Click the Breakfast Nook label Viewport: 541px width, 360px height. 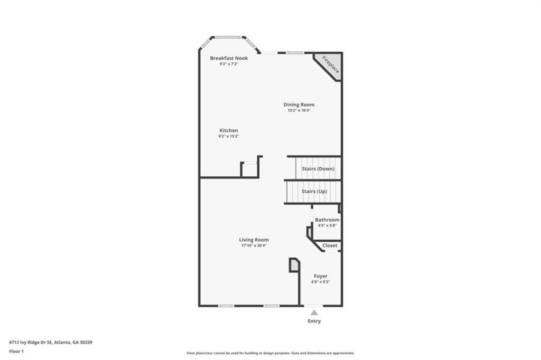pyautogui.click(x=229, y=58)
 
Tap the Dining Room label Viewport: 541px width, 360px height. pyautogui.click(x=299, y=105)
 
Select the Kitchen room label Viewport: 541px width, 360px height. pyautogui.click(x=229, y=130)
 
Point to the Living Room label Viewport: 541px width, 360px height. pyautogui.click(x=254, y=240)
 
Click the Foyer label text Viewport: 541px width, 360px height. pyautogui.click(x=321, y=276)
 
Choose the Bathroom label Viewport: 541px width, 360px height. pyautogui.click(x=327, y=220)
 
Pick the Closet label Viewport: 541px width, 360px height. pyautogui.click(x=330, y=245)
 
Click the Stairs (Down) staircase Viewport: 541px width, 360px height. pyautogui.click(x=318, y=168)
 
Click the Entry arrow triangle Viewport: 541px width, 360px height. pyautogui.click(x=314, y=312)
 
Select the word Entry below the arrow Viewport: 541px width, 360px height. pyautogui.click(x=314, y=321)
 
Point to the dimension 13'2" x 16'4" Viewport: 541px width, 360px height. pyautogui.click(x=299, y=111)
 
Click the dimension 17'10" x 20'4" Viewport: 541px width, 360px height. pyautogui.click(x=254, y=245)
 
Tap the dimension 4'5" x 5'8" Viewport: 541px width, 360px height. pyautogui.click(x=327, y=225)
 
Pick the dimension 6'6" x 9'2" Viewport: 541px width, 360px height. pyautogui.click(x=321, y=282)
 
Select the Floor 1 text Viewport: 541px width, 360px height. pyautogui.click(x=16, y=351)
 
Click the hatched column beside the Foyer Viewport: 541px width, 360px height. pyautogui.click(x=294, y=266)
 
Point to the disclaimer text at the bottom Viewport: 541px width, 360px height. pyautogui.click(x=270, y=353)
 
